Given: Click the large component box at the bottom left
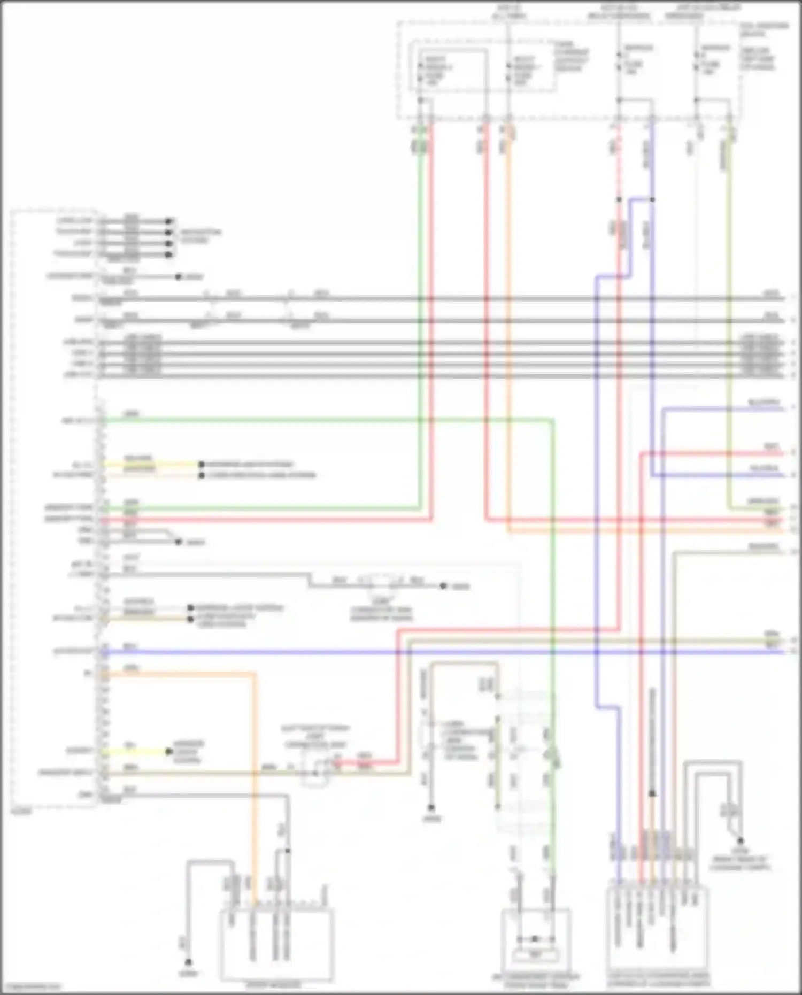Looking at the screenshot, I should (x=276, y=944).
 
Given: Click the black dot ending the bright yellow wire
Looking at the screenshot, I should (x=169, y=752).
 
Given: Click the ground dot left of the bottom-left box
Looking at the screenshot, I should (x=188, y=962).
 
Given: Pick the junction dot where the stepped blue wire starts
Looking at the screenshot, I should (x=652, y=199).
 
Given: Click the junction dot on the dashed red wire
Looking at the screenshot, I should (x=619, y=199).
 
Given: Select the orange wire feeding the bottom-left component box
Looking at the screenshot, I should (x=253, y=775).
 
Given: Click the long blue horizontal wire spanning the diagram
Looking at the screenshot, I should (x=428, y=652).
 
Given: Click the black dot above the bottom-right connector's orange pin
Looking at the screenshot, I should (x=652, y=794).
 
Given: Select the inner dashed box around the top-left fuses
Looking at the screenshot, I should (x=481, y=70).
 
